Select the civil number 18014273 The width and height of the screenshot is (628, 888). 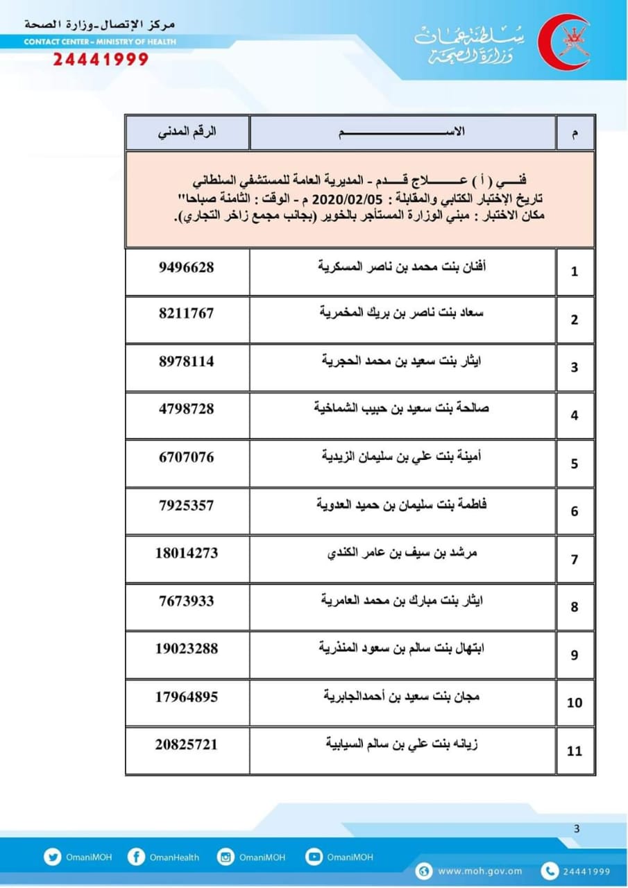187,553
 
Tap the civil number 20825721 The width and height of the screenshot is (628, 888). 187,744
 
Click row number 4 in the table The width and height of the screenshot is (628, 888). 575,416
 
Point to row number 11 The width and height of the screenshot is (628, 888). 575,751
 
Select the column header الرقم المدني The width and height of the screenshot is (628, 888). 187,131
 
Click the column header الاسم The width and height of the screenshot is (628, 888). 402,132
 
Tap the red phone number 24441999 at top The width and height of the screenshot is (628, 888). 101,60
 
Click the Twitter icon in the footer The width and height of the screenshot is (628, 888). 53,857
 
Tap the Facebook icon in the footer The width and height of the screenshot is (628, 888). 136,857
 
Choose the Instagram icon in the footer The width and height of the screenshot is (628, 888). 226,857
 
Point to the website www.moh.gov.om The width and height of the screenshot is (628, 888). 480,871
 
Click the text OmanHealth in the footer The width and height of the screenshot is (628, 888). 174,857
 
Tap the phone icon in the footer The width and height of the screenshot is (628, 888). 550,871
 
